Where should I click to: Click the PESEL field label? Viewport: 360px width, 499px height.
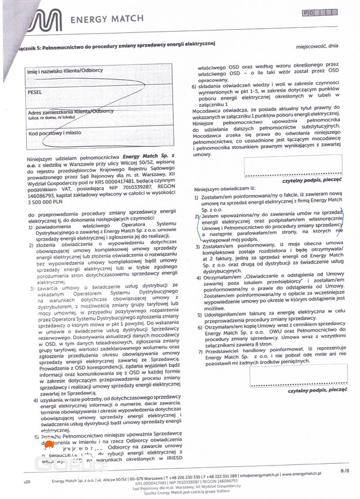pyautogui.click(x=35, y=92)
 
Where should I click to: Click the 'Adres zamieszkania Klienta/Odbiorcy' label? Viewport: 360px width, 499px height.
pyautogui.click(x=70, y=112)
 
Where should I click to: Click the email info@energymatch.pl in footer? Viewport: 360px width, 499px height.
pyautogui.click(x=258, y=474)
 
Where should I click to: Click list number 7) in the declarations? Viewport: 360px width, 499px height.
pyautogui.click(x=200, y=351)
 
